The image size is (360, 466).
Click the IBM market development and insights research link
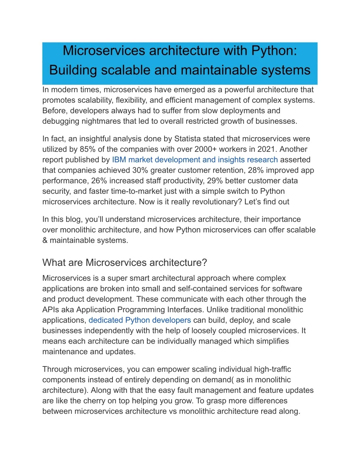pos(195,160)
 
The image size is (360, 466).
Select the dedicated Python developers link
pos(140,320)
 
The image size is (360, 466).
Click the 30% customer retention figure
pos(140,170)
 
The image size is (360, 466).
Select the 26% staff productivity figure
pos(99,181)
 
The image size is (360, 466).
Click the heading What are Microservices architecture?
pos(124,263)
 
